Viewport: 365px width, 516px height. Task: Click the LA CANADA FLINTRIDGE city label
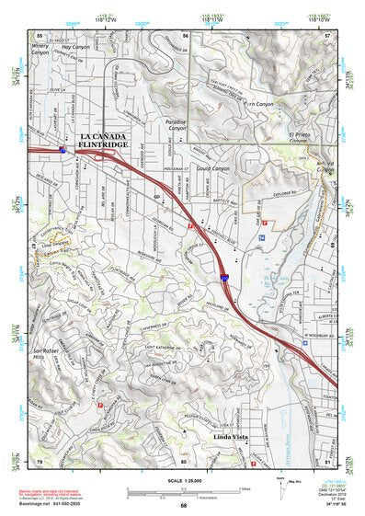point(109,141)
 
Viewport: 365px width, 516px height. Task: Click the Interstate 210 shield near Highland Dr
point(225,274)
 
